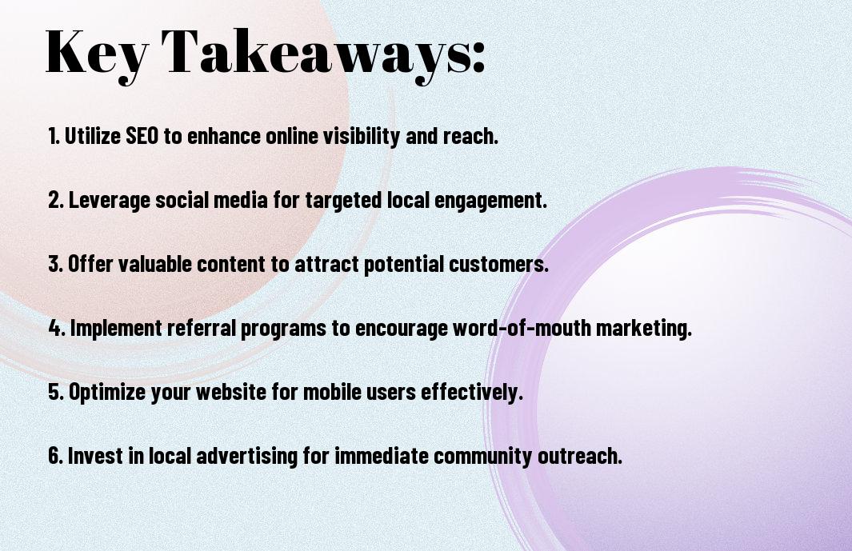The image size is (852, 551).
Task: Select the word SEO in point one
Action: pos(142,135)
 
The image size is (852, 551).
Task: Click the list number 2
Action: pos(56,200)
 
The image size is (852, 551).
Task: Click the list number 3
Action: pos(56,264)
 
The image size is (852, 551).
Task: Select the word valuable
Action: pos(155,264)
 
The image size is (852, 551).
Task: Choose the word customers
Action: pos(499,264)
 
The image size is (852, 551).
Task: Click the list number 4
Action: pos(57,328)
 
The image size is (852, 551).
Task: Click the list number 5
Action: pos(56,392)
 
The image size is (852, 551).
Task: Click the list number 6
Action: pos(56,455)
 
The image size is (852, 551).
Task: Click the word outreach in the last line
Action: pos(580,455)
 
